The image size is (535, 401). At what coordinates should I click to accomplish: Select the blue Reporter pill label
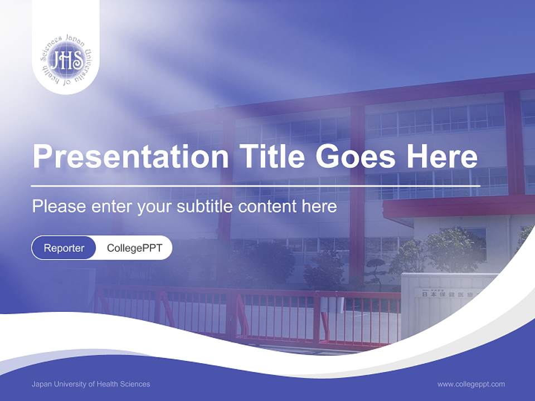pos(64,248)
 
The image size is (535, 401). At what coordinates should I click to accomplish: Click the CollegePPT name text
pos(134,248)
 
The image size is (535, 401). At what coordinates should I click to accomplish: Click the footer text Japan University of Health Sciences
pos(91,384)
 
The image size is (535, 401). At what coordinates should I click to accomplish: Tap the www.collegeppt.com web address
pos(471,384)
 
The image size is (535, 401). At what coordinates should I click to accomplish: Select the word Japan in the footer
pos(41,384)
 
